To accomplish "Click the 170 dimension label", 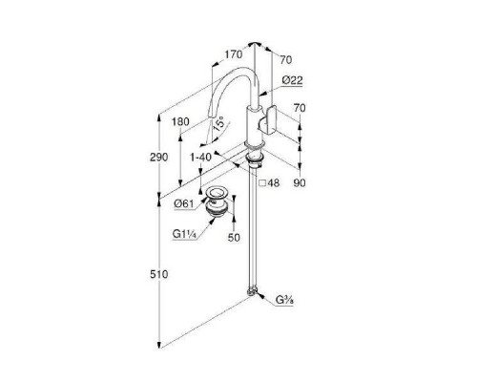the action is [234, 54].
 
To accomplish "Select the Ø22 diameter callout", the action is [292, 80].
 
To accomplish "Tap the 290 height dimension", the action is [158, 158].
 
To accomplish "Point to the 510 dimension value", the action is [158, 274].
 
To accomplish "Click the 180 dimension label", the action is [180, 121].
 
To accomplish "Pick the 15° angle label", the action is [218, 124].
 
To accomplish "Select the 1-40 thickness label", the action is [200, 158].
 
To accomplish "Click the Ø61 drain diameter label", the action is [184, 203].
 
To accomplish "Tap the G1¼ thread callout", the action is [184, 234].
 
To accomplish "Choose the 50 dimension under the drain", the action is [234, 238].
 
